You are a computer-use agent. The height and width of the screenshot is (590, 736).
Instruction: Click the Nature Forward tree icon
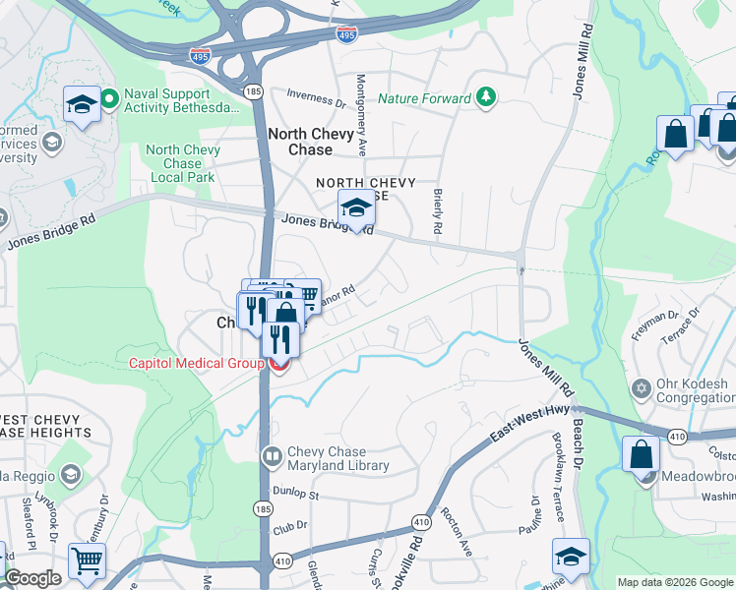pos(485,97)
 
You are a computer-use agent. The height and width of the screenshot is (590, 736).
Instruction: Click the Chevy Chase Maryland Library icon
pos(273,457)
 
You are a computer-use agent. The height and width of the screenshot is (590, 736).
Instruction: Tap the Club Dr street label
pos(290,528)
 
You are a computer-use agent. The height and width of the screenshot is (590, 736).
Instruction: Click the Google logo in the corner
pos(32,578)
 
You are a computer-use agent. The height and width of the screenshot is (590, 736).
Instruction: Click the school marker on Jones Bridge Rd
pos(356,207)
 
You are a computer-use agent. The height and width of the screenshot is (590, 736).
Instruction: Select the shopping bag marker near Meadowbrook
pos(642,455)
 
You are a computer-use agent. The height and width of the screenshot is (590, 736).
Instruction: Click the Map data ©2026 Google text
pos(674,582)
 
